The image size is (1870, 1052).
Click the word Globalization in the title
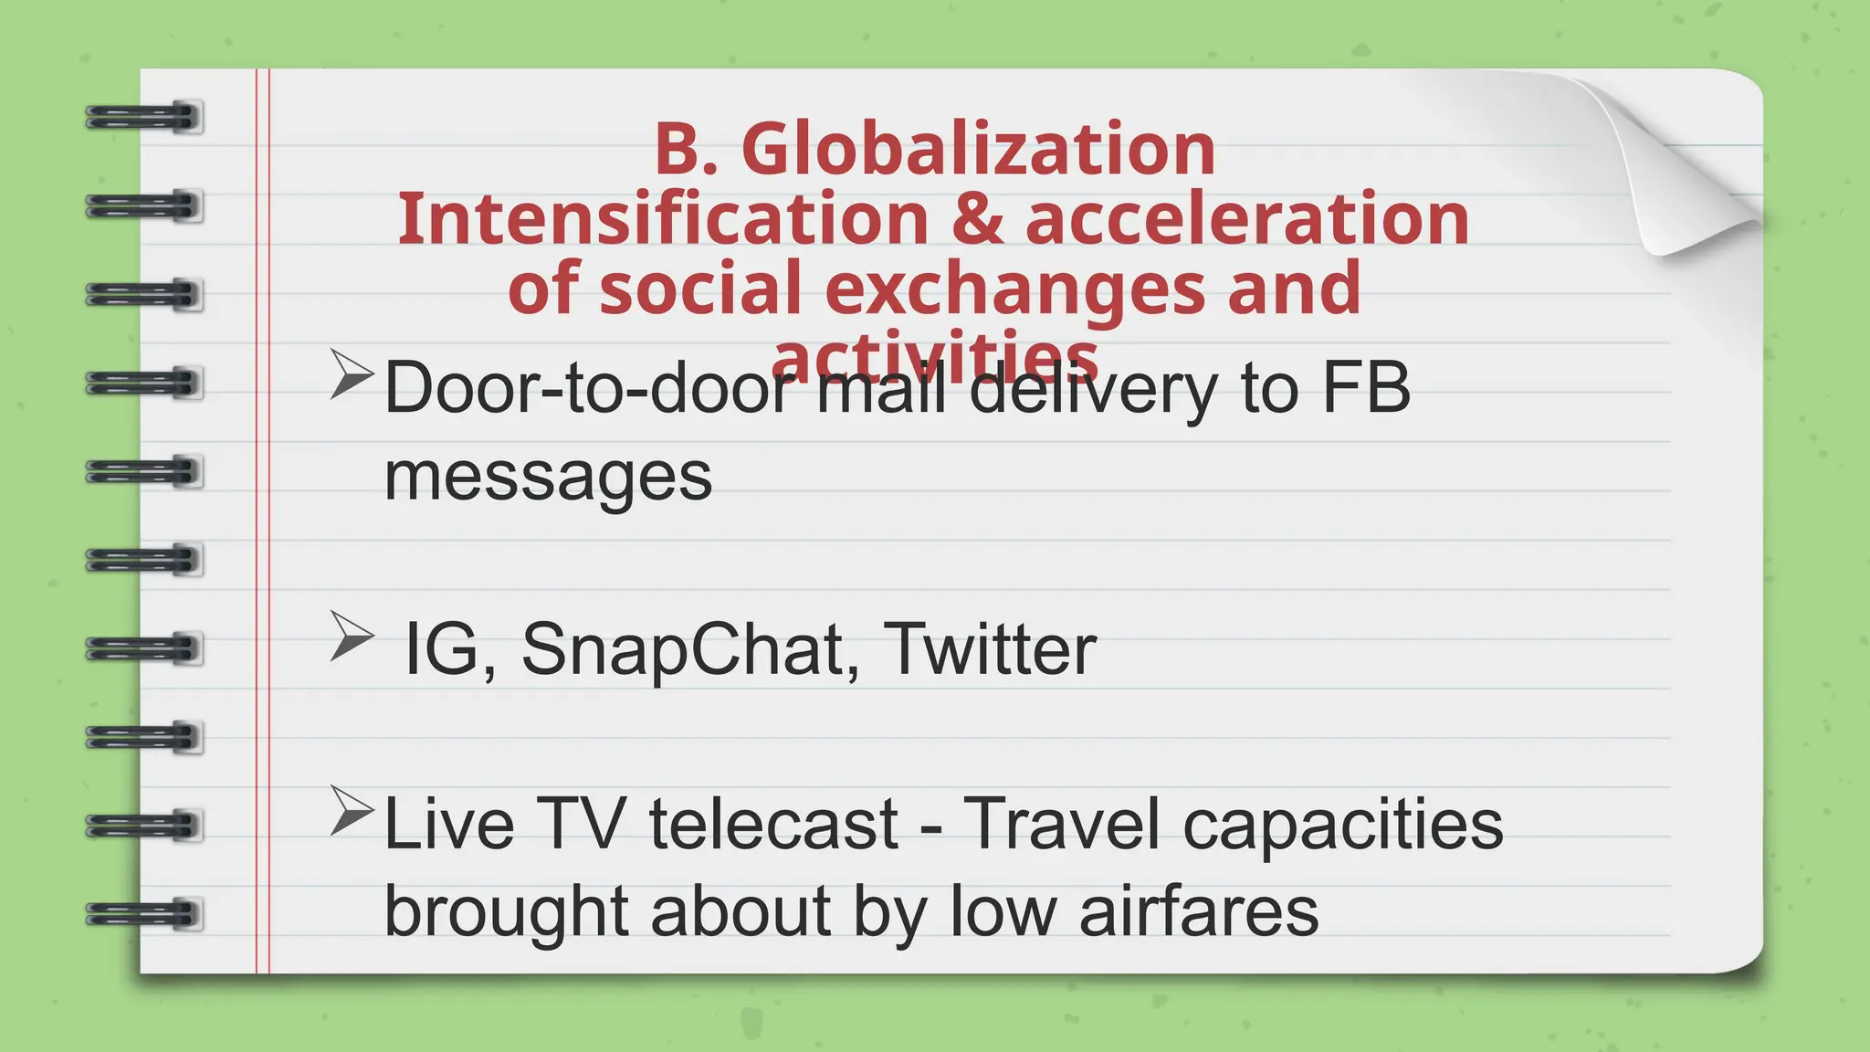978,149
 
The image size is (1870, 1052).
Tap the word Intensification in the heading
663,219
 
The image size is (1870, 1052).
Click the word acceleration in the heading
1246,219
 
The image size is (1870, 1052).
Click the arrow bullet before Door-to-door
351,374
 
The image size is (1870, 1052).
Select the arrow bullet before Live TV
351,811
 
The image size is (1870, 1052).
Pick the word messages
548,477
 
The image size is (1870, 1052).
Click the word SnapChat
690,649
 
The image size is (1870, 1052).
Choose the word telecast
773,825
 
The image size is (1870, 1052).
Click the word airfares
1198,911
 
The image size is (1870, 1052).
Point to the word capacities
1342,825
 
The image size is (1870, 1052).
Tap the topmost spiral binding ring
143,118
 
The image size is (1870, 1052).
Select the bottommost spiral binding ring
143,914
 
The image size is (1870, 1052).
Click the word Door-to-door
590,388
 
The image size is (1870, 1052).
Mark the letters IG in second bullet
442,649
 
